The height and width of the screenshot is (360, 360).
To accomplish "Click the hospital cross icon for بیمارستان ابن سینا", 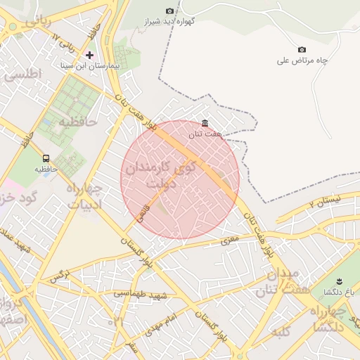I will tap(89, 54).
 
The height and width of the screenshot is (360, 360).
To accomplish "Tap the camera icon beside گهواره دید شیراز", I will tap(169, 11).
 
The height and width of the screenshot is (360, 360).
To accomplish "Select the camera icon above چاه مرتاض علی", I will tap(302, 49).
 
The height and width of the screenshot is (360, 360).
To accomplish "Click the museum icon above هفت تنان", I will tap(205, 123).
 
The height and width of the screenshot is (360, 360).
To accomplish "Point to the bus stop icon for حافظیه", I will tap(46, 158).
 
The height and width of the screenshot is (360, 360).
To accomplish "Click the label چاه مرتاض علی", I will tap(302, 60).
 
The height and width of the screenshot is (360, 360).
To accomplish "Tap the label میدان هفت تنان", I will tap(277, 281).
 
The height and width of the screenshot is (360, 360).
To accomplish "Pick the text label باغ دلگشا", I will tap(333, 291).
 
